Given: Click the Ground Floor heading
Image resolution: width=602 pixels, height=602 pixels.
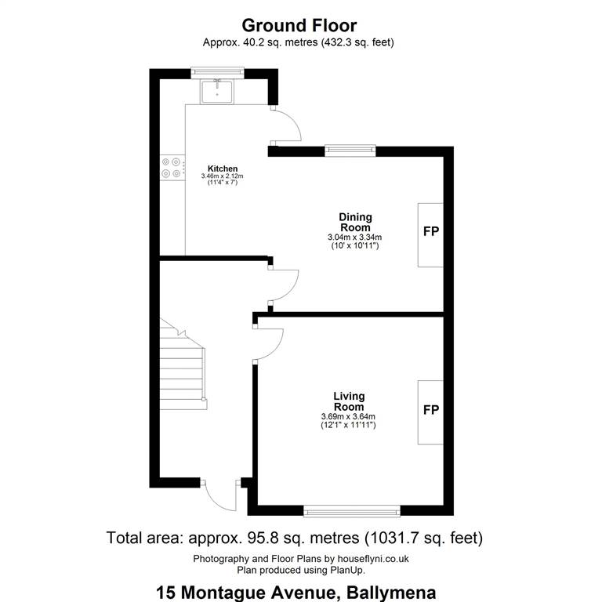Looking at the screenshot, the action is [299, 26].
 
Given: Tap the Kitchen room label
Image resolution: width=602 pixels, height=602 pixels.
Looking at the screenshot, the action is [223, 169].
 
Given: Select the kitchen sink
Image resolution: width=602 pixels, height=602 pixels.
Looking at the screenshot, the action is [216, 92].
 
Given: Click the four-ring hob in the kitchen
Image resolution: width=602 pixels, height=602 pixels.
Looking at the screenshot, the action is [171, 168].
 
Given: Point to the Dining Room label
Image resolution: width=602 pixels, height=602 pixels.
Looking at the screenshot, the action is [356, 223].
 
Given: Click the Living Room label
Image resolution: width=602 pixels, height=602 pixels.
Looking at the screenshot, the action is [349, 401].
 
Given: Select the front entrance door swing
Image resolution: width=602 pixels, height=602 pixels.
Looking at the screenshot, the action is [221, 495].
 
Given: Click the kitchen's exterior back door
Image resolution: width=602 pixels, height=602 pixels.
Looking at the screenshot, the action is [286, 125].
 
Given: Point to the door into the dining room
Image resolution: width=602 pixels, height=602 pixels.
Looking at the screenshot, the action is [283, 285].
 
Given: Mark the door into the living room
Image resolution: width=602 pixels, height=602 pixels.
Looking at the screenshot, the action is [268, 343].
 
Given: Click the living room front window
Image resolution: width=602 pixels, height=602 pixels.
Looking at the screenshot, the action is [352, 510].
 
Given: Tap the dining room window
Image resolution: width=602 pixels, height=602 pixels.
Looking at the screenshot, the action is [350, 150].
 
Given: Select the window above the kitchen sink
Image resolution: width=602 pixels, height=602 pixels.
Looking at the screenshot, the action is [217, 73].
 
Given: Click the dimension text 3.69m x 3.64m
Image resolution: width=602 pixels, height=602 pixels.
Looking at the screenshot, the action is [348, 416].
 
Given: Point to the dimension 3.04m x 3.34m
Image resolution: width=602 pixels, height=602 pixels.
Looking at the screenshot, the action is [355, 238].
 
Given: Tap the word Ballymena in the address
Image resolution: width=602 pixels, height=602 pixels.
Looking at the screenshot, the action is [391, 593].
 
